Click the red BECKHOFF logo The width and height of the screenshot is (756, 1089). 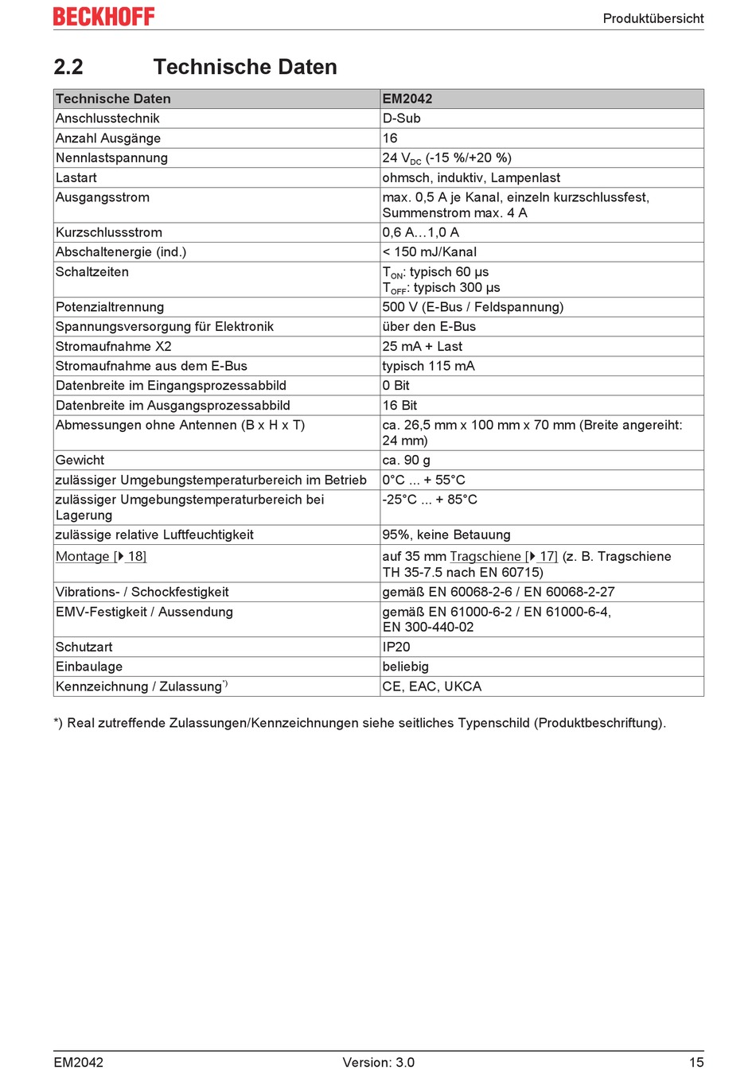103,17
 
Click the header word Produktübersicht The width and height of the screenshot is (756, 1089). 653,18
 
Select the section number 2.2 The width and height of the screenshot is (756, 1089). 68,67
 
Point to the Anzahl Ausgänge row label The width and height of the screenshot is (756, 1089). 108,138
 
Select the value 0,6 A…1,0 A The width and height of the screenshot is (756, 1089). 421,232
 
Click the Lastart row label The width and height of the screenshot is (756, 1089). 76,177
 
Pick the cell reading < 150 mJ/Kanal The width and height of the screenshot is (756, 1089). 430,252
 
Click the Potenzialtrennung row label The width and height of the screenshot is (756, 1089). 110,307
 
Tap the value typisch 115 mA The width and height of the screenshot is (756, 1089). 428,366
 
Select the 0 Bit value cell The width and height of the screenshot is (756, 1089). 396,386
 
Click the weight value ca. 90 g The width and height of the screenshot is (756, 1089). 406,460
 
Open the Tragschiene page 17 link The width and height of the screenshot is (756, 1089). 504,557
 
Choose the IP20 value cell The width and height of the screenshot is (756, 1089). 396,647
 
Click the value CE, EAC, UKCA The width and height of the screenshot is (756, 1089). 432,686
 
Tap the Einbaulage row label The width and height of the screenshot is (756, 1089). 89,667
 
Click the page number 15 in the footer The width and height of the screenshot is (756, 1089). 696,1062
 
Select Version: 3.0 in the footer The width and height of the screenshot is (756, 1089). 379,1062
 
